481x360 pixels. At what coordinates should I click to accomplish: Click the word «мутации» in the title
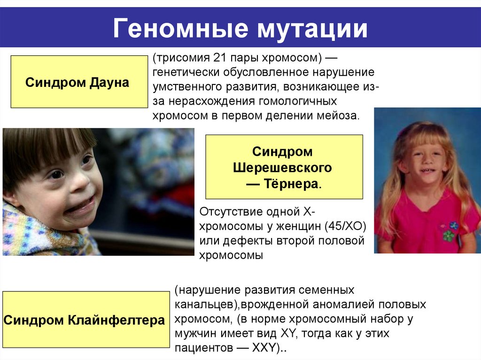coord(312,29)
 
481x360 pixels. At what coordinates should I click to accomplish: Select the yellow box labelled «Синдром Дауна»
coord(79,82)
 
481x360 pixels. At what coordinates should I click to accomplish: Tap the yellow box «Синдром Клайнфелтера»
coord(85,320)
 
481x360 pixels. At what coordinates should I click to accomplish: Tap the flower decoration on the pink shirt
coord(450,231)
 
